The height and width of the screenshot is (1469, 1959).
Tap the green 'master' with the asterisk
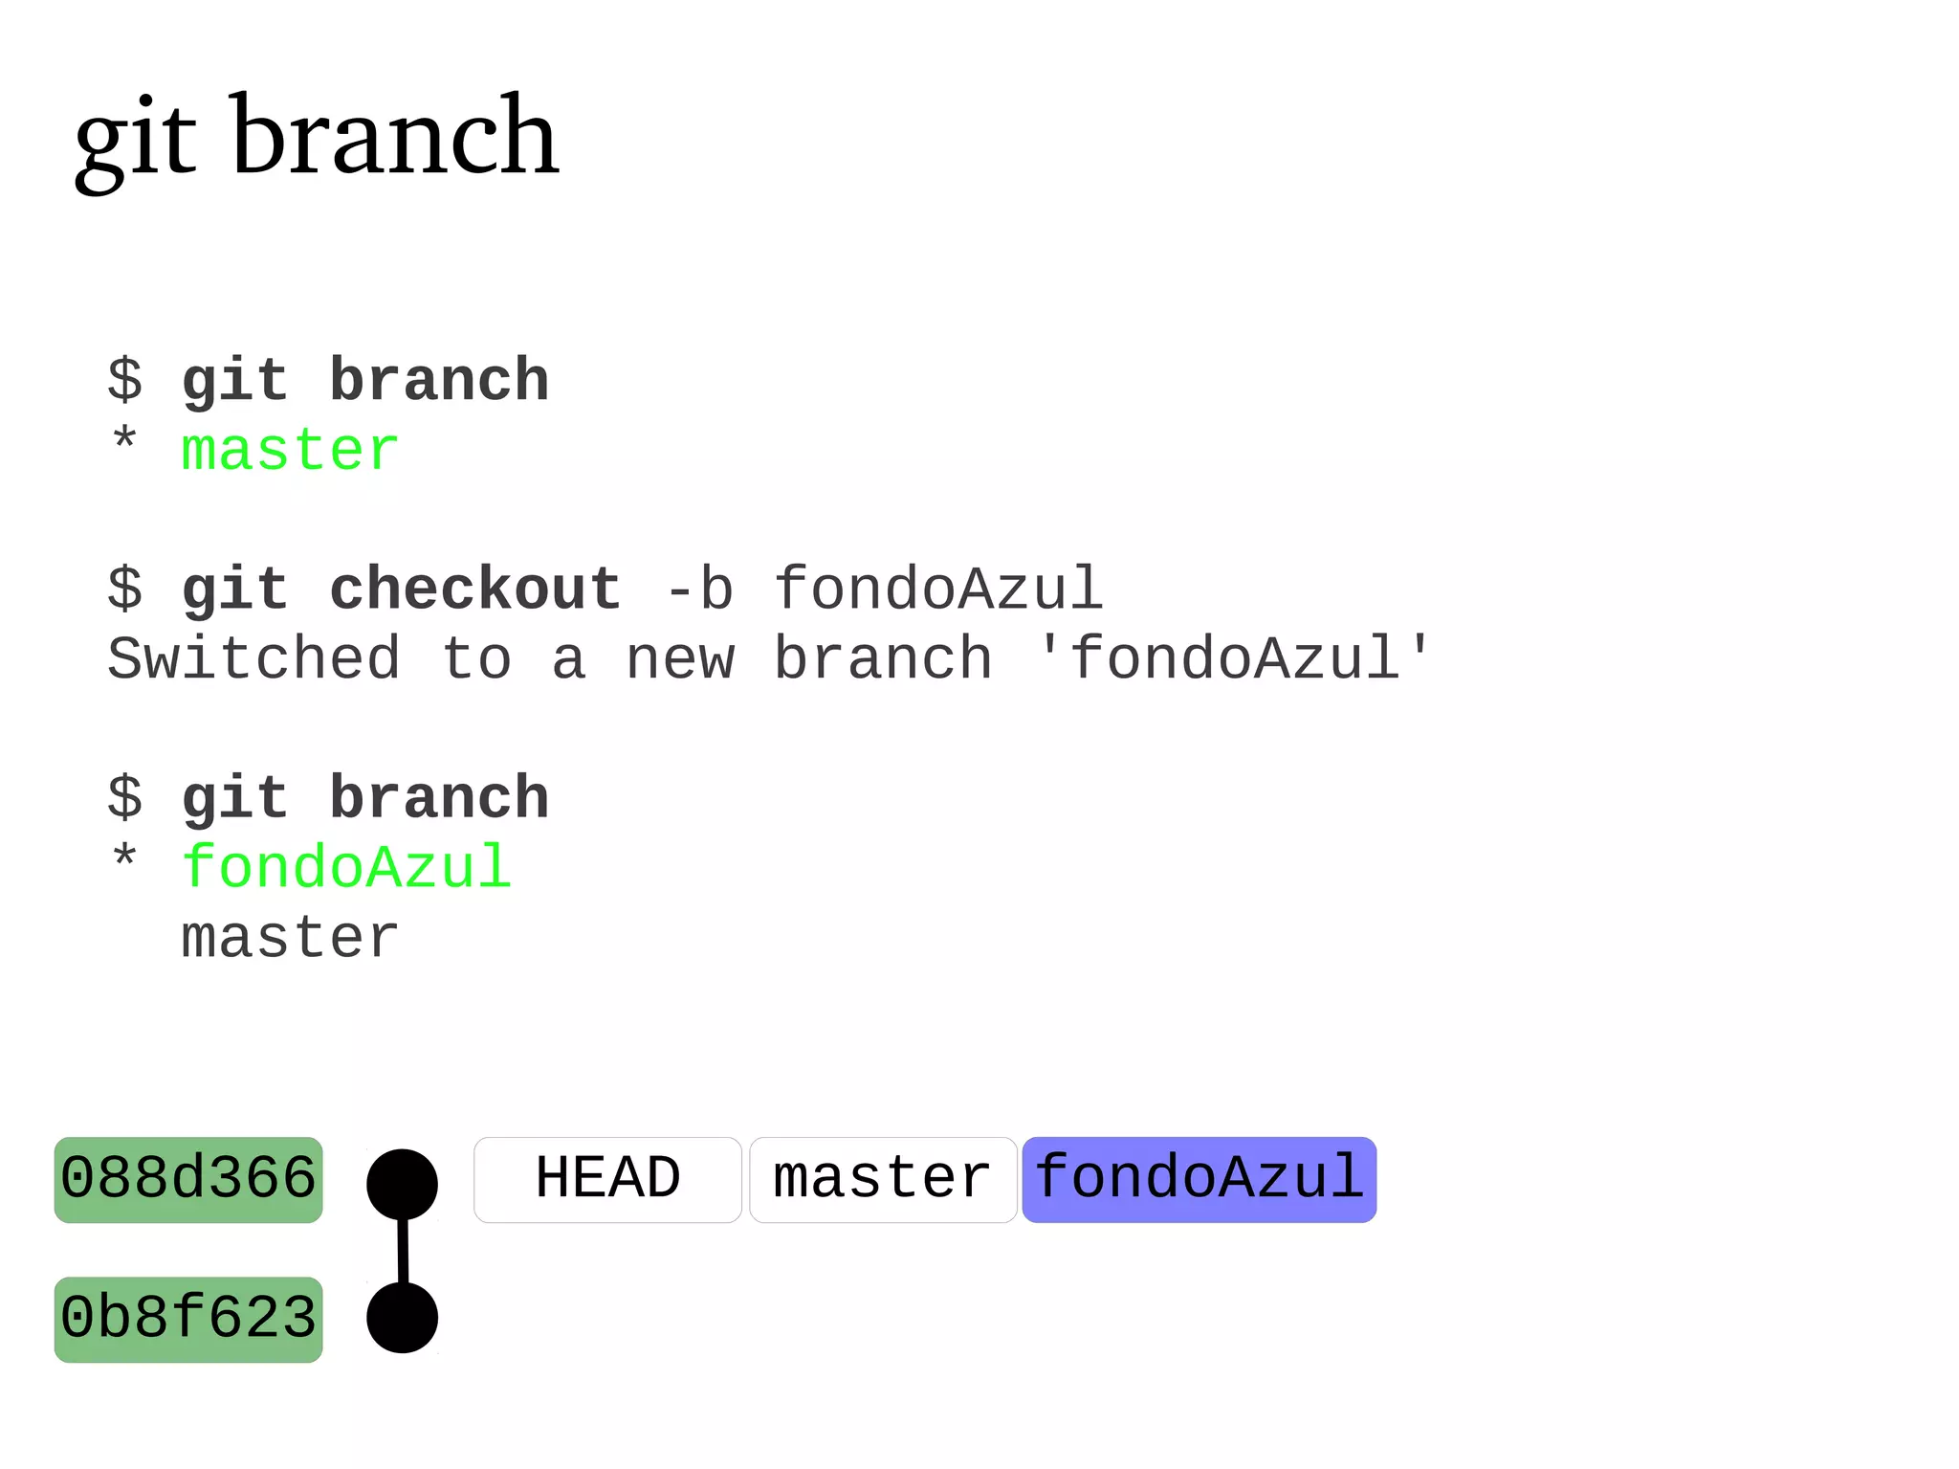[289, 450]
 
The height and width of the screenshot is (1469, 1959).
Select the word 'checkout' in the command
[474, 589]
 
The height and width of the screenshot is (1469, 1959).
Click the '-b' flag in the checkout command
[698, 589]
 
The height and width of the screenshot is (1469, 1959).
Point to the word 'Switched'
[253, 659]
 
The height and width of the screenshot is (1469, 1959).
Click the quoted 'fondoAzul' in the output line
[1234, 659]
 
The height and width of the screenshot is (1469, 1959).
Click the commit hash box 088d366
[188, 1179]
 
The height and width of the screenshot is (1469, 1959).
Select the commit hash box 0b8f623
[188, 1319]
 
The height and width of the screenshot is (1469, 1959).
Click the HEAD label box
[607, 1179]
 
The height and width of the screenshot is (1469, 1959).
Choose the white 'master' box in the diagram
[882, 1179]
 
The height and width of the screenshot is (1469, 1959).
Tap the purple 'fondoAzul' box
[1199, 1179]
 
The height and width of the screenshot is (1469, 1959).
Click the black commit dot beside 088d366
[403, 1185]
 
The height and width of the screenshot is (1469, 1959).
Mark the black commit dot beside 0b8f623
[403, 1318]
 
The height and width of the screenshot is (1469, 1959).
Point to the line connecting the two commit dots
[403, 1251]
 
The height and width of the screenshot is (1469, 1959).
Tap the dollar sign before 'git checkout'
[124, 589]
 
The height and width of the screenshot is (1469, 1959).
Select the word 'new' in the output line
[680, 659]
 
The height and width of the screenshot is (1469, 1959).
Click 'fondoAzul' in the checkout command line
[938, 589]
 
